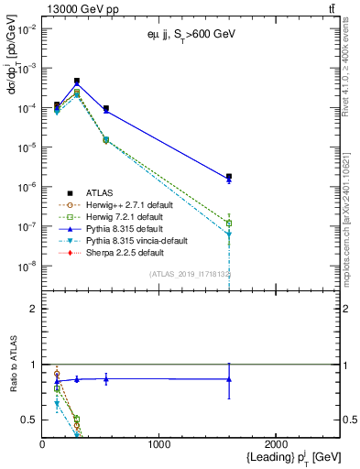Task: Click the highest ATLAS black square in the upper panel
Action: point(77,81)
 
